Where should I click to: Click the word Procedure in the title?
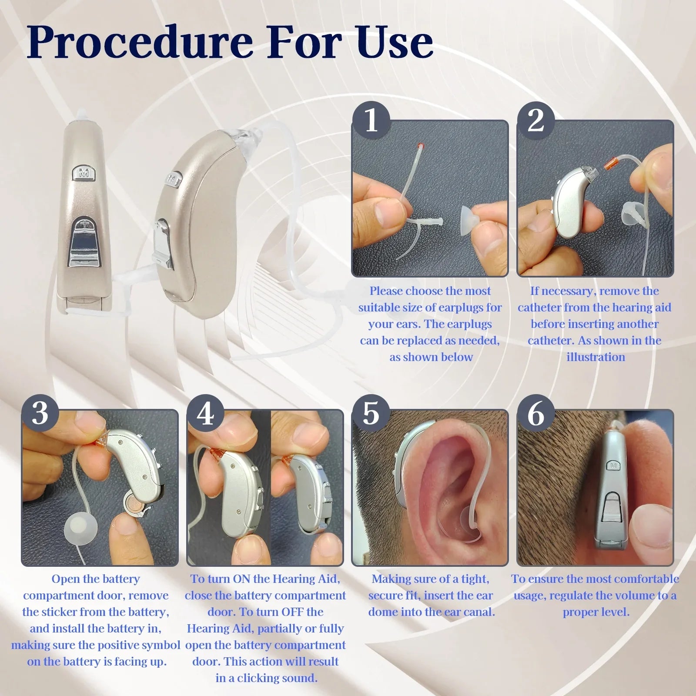140,43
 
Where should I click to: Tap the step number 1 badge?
371,120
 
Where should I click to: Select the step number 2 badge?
535,120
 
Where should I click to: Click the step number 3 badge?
40,413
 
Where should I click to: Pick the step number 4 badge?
205,413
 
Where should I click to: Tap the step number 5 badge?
371,413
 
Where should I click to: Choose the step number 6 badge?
535,413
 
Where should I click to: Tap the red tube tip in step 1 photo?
419,145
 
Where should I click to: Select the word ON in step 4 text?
241,579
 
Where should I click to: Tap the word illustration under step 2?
596,357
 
